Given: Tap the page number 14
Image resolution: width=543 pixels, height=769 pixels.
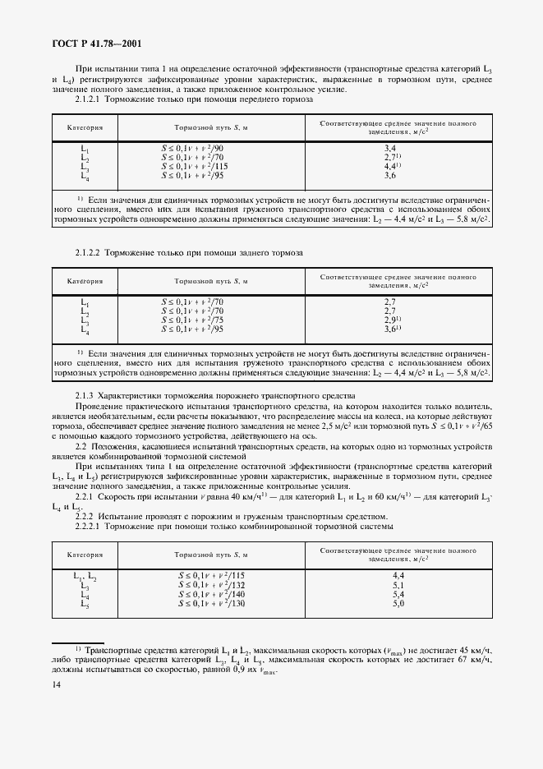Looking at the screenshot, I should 56,684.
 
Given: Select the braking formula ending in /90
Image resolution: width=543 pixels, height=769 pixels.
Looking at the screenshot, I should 193,148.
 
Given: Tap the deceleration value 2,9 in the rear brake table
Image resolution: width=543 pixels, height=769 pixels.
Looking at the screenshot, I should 392,320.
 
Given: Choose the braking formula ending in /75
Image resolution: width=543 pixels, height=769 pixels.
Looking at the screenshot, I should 193,320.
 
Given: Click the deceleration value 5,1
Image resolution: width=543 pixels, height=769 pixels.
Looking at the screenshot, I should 398,586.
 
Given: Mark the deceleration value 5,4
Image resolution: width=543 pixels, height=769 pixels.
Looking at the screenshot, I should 398,595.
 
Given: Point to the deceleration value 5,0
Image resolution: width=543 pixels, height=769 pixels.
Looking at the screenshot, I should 398,604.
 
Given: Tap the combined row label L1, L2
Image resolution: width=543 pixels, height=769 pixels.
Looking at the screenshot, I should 85,577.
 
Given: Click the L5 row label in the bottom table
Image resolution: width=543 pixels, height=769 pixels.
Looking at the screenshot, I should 85,604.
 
